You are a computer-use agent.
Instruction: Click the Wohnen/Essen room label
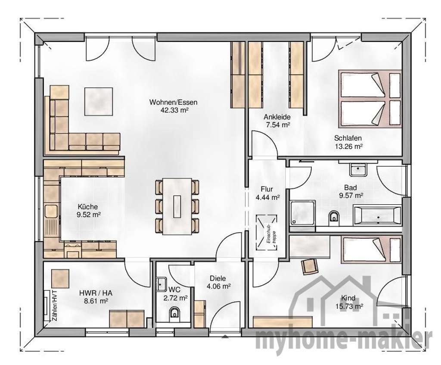(173, 102)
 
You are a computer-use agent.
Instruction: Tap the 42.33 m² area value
(174, 110)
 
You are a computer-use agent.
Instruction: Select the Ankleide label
(276, 117)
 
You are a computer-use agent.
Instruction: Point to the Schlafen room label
(348, 138)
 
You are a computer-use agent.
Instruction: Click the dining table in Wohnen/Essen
(177, 206)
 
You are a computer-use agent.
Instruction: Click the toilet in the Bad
(333, 217)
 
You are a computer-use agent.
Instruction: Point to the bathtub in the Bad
(377, 215)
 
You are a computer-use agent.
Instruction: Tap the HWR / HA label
(93, 293)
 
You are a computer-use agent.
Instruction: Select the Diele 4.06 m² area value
(218, 286)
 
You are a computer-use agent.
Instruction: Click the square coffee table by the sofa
(99, 101)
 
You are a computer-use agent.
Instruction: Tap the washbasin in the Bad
(357, 170)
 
